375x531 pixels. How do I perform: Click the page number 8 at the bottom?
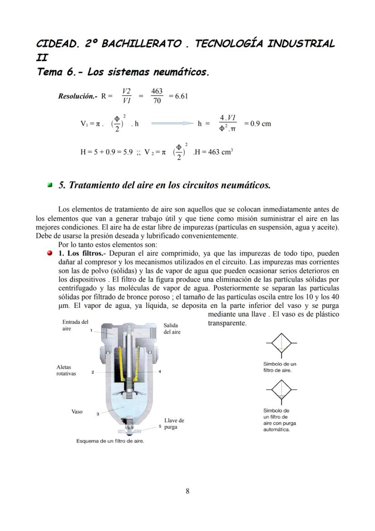tap(187, 491)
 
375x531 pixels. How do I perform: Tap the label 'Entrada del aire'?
tap(75, 325)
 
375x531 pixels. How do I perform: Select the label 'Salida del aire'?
tap(172, 328)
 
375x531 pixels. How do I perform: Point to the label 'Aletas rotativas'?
tap(66, 370)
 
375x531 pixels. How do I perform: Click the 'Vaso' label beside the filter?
tap(77, 411)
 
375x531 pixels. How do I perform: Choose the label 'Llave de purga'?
tap(174, 424)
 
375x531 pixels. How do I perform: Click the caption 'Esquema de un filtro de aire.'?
tap(110, 441)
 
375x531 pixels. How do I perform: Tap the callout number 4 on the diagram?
tap(160, 372)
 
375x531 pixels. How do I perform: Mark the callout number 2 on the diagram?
tap(92, 372)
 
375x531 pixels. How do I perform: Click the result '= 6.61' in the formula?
tap(178, 96)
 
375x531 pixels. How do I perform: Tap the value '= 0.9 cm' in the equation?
tap(257, 123)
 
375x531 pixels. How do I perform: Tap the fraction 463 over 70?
tap(157, 96)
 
